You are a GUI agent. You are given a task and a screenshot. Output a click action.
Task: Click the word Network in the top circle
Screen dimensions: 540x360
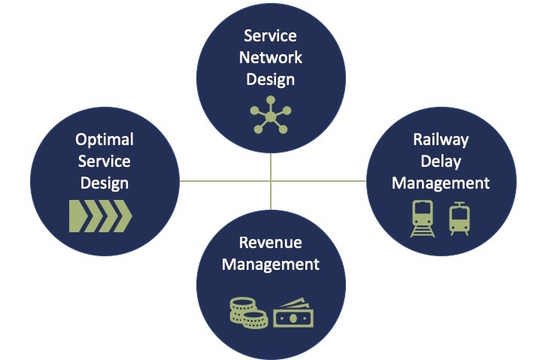[x=270, y=57]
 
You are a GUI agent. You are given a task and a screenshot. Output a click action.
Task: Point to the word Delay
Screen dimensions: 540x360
[x=441, y=162]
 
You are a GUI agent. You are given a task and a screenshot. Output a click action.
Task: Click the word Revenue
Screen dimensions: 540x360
[x=270, y=243]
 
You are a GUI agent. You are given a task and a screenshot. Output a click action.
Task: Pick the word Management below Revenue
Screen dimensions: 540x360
[x=270, y=265]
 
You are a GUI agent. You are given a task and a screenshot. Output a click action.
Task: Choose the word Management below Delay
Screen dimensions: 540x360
[x=441, y=183]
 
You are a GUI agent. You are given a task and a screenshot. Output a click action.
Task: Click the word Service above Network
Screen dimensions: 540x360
[x=270, y=36]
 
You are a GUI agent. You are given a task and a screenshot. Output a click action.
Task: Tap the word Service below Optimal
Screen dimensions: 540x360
[x=105, y=162]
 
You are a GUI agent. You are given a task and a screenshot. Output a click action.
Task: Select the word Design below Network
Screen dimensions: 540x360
[x=270, y=80]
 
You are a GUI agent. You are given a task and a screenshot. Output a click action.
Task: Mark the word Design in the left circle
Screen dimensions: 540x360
[x=105, y=183]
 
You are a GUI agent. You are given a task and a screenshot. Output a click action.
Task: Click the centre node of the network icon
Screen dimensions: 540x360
[x=271, y=117]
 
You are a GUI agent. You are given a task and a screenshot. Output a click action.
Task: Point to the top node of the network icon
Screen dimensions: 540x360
[x=271, y=100]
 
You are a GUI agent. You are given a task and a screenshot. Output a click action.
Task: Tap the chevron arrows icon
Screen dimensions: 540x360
[x=101, y=216]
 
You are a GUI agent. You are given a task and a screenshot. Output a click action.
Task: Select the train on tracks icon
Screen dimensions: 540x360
[x=423, y=219]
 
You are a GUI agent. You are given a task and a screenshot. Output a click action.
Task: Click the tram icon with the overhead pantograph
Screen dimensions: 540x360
[x=460, y=219]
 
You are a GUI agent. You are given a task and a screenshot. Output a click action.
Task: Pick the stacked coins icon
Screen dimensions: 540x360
[x=249, y=313]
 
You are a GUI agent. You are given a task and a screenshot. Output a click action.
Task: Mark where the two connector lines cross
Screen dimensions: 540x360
[x=271, y=180]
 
